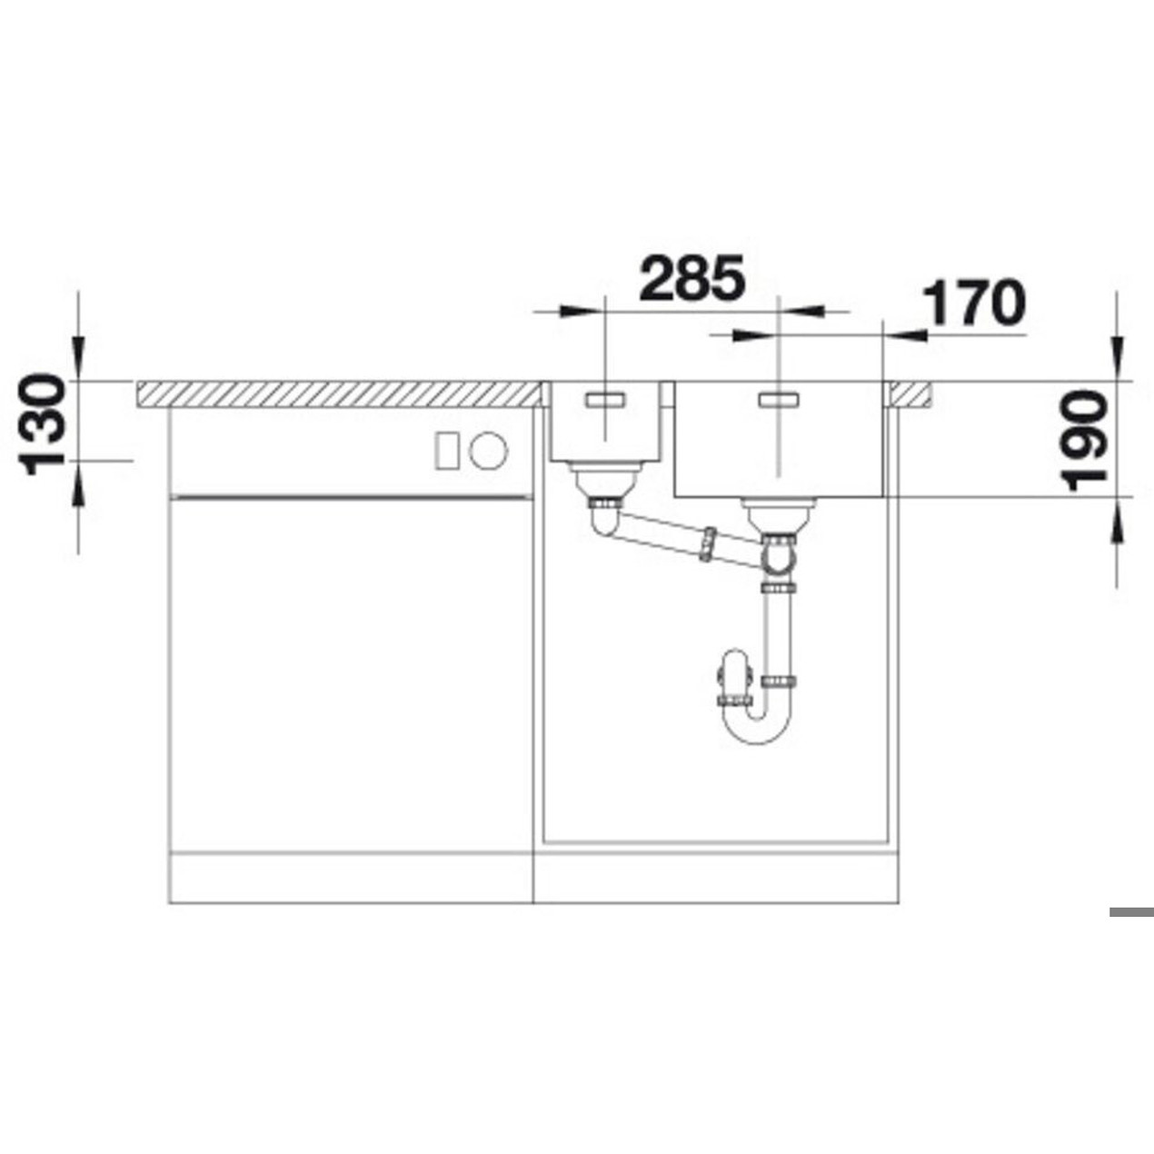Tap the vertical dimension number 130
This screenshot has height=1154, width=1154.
click(41, 424)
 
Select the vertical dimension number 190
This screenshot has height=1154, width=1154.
click(1084, 441)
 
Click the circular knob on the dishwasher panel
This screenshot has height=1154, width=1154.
click(489, 450)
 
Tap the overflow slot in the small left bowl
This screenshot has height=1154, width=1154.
click(605, 400)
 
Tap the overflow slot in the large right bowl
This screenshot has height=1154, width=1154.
click(778, 400)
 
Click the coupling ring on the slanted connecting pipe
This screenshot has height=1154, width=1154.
click(708, 543)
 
